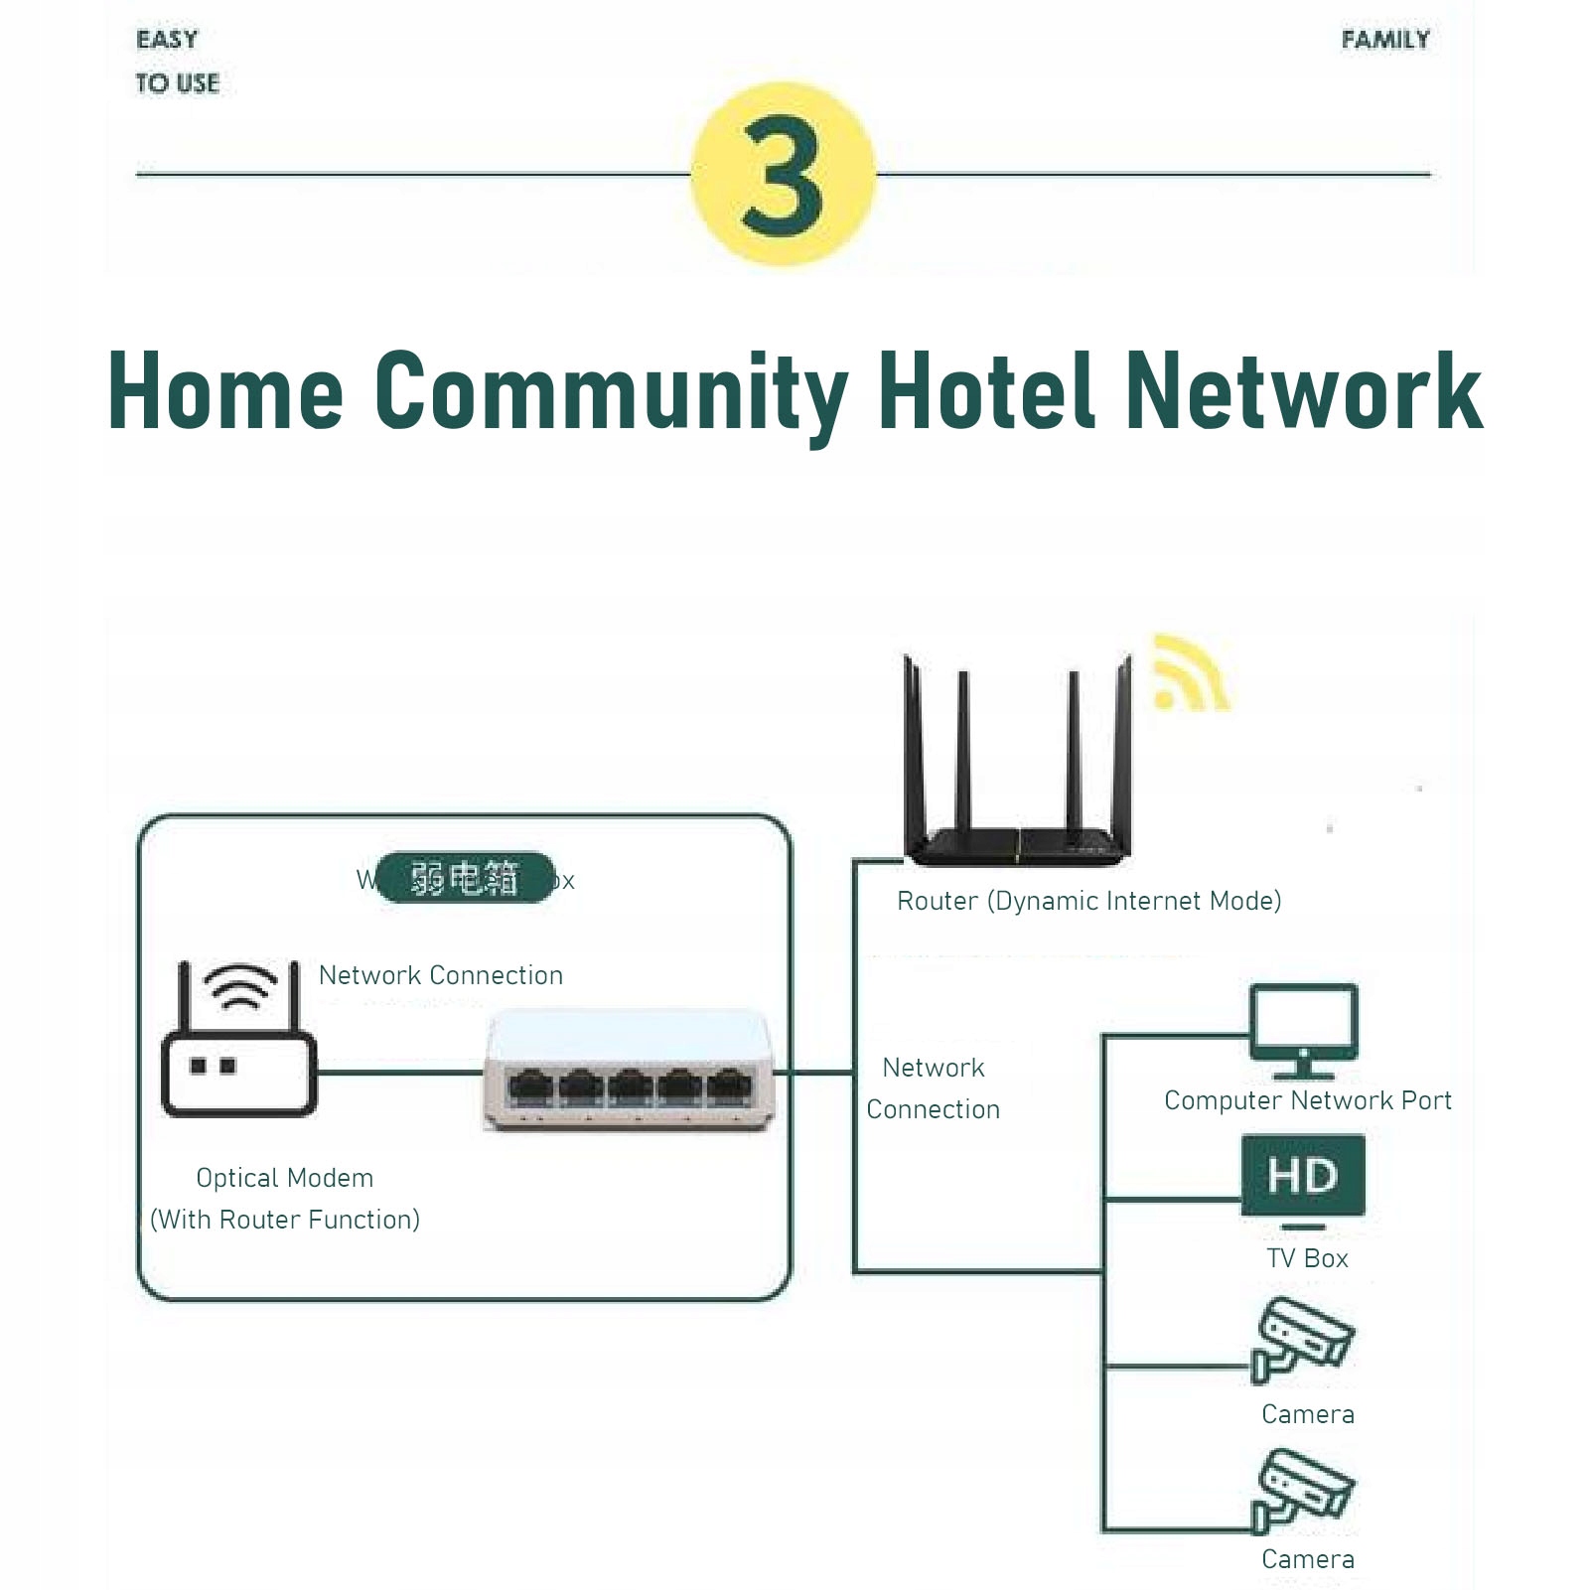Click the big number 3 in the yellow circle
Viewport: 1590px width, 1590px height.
783,175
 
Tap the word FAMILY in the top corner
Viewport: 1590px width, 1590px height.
1384,41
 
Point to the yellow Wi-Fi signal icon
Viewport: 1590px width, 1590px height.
1189,676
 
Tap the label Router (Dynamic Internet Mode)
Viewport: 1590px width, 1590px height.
1088,901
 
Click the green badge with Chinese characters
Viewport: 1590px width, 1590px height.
465,878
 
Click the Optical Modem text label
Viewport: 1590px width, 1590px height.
284,1178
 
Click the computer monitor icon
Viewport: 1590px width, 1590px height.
1303,1031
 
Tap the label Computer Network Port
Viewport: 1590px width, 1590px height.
1307,1100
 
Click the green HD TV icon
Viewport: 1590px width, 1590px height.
1303,1178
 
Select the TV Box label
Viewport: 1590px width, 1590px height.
1307,1258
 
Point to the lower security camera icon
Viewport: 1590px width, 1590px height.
1301,1490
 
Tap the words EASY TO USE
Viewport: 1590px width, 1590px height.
177,62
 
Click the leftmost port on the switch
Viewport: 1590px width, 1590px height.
531,1086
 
